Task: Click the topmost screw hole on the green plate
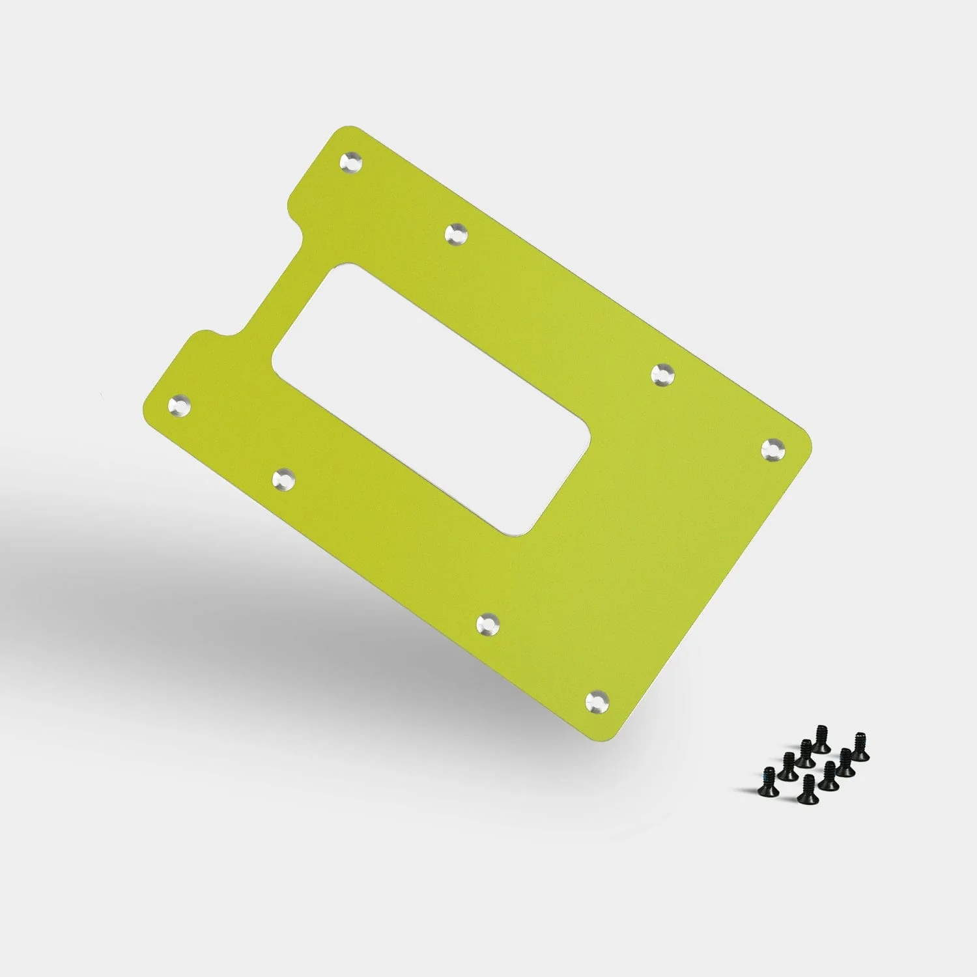[x=352, y=162]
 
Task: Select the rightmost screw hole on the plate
[x=773, y=449]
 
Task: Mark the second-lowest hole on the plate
[x=488, y=623]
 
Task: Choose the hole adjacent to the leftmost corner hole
[x=284, y=480]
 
